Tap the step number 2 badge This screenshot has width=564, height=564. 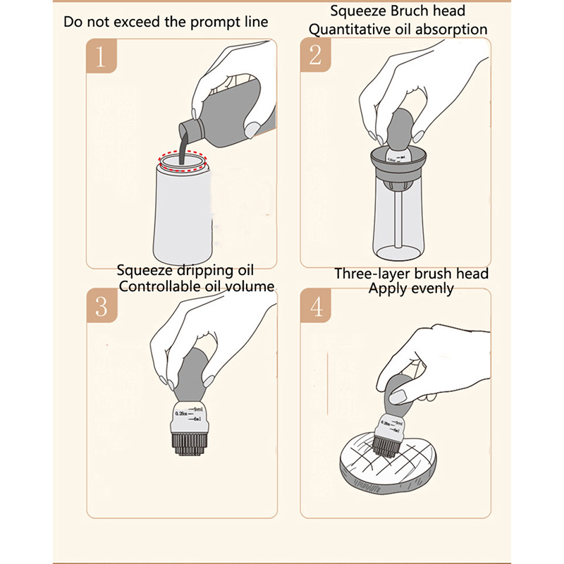tap(315, 56)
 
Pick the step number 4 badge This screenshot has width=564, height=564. tap(315, 307)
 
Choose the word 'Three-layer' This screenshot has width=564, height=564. tap(372, 273)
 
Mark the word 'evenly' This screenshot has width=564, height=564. tap(430, 288)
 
